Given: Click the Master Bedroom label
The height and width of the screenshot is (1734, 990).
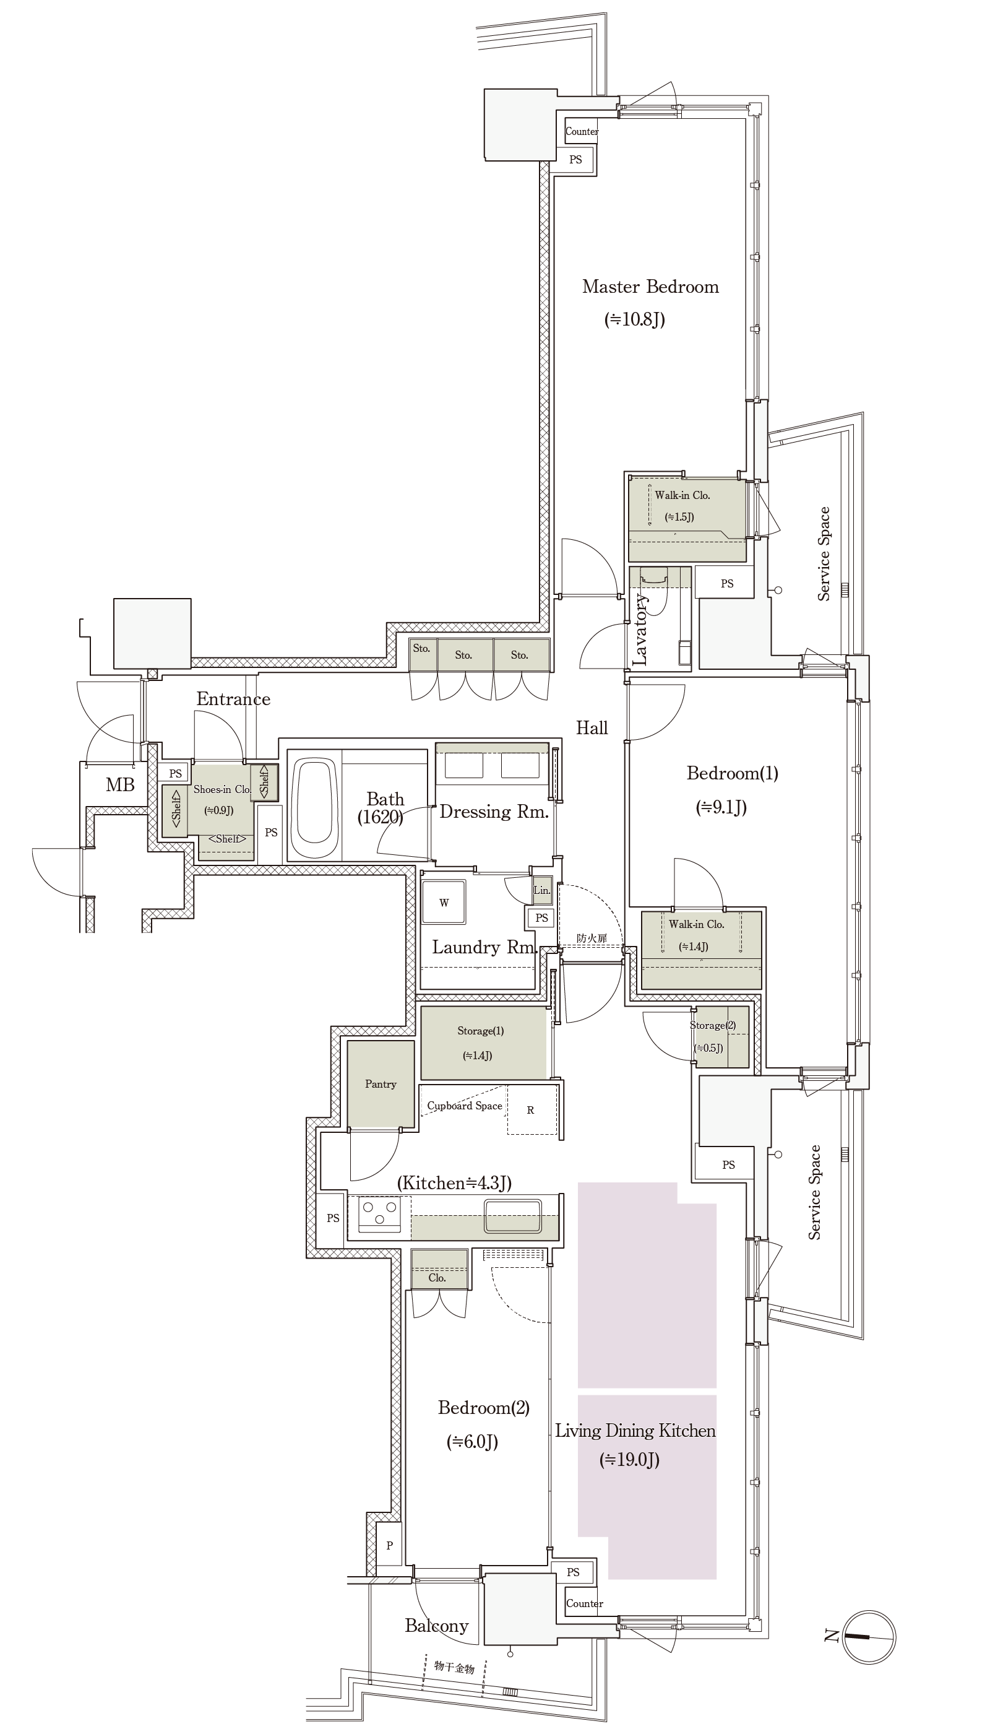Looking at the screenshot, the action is (650, 287).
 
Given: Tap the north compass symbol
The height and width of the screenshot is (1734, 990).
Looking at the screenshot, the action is (869, 1637).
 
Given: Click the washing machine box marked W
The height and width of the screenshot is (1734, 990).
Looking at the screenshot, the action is (443, 902).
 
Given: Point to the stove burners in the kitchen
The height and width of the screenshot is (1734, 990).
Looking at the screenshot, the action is (379, 1213).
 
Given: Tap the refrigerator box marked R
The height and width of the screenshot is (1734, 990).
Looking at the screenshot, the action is (531, 1109).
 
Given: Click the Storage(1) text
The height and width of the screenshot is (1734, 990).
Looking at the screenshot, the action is (481, 1031).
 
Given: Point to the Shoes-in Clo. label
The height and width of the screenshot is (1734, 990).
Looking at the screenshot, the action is (222, 789).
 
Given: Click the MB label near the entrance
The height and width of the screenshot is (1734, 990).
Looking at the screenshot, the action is (121, 785).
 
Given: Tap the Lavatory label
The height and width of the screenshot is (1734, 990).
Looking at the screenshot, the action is (639, 629).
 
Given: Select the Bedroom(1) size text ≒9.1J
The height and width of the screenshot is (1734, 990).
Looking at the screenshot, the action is (721, 807).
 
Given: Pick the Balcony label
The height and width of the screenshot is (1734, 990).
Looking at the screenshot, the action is (436, 1626).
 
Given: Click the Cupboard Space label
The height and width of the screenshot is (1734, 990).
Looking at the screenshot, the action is (465, 1106).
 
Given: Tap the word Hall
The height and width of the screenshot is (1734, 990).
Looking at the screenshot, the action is (592, 728).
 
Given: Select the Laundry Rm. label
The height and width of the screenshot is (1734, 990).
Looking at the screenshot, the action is (484, 947).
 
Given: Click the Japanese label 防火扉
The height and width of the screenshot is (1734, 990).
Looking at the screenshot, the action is (592, 938).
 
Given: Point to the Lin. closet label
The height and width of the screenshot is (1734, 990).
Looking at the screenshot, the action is (542, 890).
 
